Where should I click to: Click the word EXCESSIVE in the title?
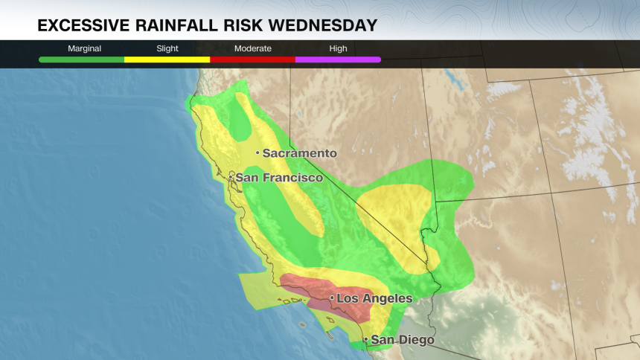(83, 26)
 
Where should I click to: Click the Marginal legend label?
(84, 48)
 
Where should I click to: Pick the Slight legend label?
(167, 48)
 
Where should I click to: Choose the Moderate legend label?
(252, 48)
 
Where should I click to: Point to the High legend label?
(338, 48)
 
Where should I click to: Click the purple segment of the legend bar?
(338, 59)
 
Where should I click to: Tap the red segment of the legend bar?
(252, 59)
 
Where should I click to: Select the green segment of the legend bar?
(82, 59)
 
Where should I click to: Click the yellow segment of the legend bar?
(167, 59)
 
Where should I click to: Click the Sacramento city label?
(299, 153)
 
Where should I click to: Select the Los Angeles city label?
(374, 298)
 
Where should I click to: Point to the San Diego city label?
(403, 340)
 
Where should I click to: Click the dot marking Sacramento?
(257, 153)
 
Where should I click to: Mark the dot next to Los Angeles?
(332, 298)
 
